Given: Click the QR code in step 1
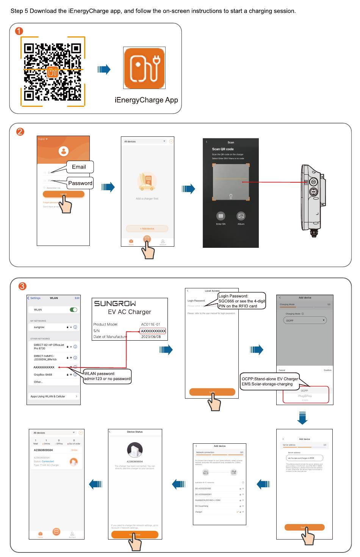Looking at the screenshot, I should coord(53,71).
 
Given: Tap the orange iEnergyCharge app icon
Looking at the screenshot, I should coord(144,68).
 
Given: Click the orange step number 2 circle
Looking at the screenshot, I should coord(20,132).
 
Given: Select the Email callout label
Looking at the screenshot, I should coord(79,167).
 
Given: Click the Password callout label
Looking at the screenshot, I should coord(80,183).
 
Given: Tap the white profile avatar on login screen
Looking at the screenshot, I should coord(64,151).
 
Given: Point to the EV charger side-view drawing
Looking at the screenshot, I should coord(313,199).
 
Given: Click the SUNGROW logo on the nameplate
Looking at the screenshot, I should coord(115,304).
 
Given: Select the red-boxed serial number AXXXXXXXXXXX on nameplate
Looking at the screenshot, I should coord(153,331).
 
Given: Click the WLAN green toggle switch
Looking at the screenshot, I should coord(74,310).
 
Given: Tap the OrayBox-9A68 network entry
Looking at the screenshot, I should coord(43,375).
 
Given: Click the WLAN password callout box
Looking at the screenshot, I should coord(107,376).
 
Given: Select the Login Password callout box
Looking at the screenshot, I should coord(241,301).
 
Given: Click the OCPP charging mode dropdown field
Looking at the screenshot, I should coord(305,321).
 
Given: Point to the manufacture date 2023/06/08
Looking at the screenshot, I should coord(151,336).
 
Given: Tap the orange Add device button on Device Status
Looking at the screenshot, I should coord(135,535).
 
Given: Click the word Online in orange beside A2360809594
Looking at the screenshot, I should coord(74,450).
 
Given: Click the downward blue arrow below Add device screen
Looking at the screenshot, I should coord(302,417).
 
